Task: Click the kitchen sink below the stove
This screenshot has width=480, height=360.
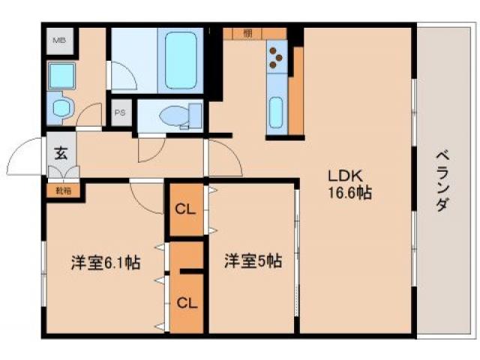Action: (x=275, y=112)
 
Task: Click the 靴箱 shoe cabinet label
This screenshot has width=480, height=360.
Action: (x=63, y=190)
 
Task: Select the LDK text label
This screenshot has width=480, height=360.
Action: (x=345, y=175)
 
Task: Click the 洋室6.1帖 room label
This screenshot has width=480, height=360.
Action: (x=106, y=263)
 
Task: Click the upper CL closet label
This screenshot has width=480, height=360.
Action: (x=185, y=209)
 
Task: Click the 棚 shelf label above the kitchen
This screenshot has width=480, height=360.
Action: (x=247, y=33)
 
